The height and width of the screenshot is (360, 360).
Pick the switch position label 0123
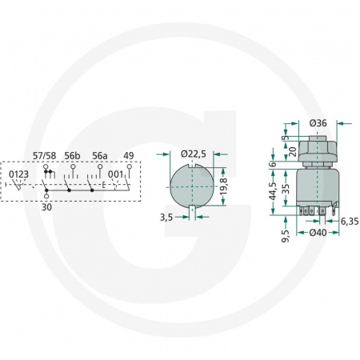[19, 174]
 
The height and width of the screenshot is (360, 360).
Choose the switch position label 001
[117, 174]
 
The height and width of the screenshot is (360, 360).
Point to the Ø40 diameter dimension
[318, 233]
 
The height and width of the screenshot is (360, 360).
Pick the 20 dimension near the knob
[293, 149]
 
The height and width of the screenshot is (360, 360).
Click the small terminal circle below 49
[128, 166]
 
